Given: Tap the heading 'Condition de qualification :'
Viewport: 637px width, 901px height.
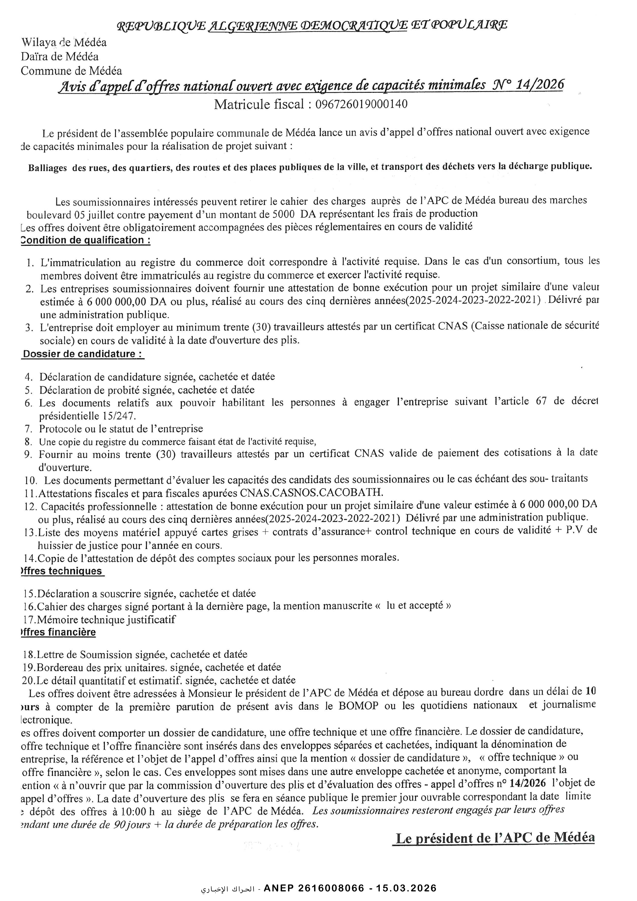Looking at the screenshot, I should [x=86, y=240].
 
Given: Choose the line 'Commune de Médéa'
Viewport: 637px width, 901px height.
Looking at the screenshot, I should [x=71, y=71].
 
